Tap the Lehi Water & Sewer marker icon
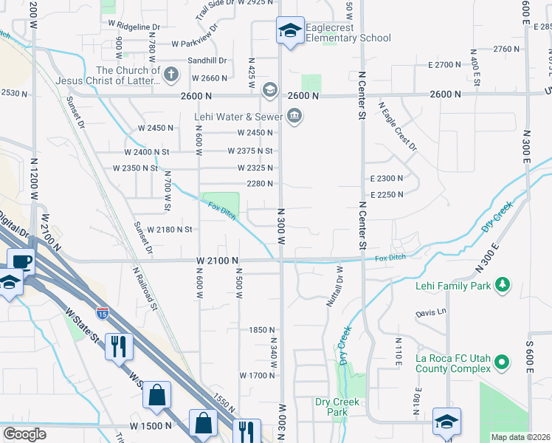(x=295, y=117)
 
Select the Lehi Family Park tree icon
(x=503, y=284)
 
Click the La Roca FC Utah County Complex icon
(x=502, y=362)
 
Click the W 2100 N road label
(x=217, y=261)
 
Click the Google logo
(x=25, y=434)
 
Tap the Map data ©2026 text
(x=520, y=437)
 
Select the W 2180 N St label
(x=170, y=230)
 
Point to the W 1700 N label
(x=257, y=375)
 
